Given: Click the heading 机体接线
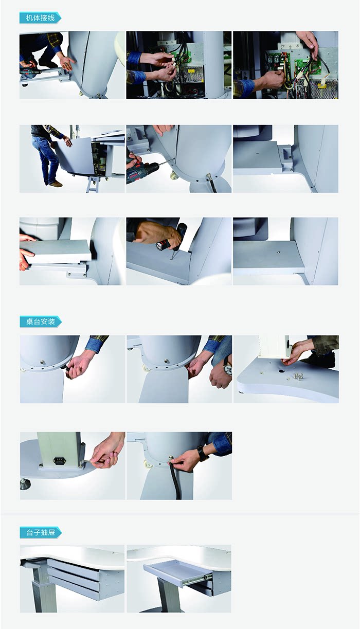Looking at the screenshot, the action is pos(40,18).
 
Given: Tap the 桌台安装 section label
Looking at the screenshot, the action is pos(41,321).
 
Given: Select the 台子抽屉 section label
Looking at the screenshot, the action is pos(41,533).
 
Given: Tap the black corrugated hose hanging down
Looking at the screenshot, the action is pos(174,480).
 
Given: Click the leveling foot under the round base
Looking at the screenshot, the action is pos(25,484).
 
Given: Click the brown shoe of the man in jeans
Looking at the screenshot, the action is pos(56,184).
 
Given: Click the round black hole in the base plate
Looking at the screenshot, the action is pos(280,371).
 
